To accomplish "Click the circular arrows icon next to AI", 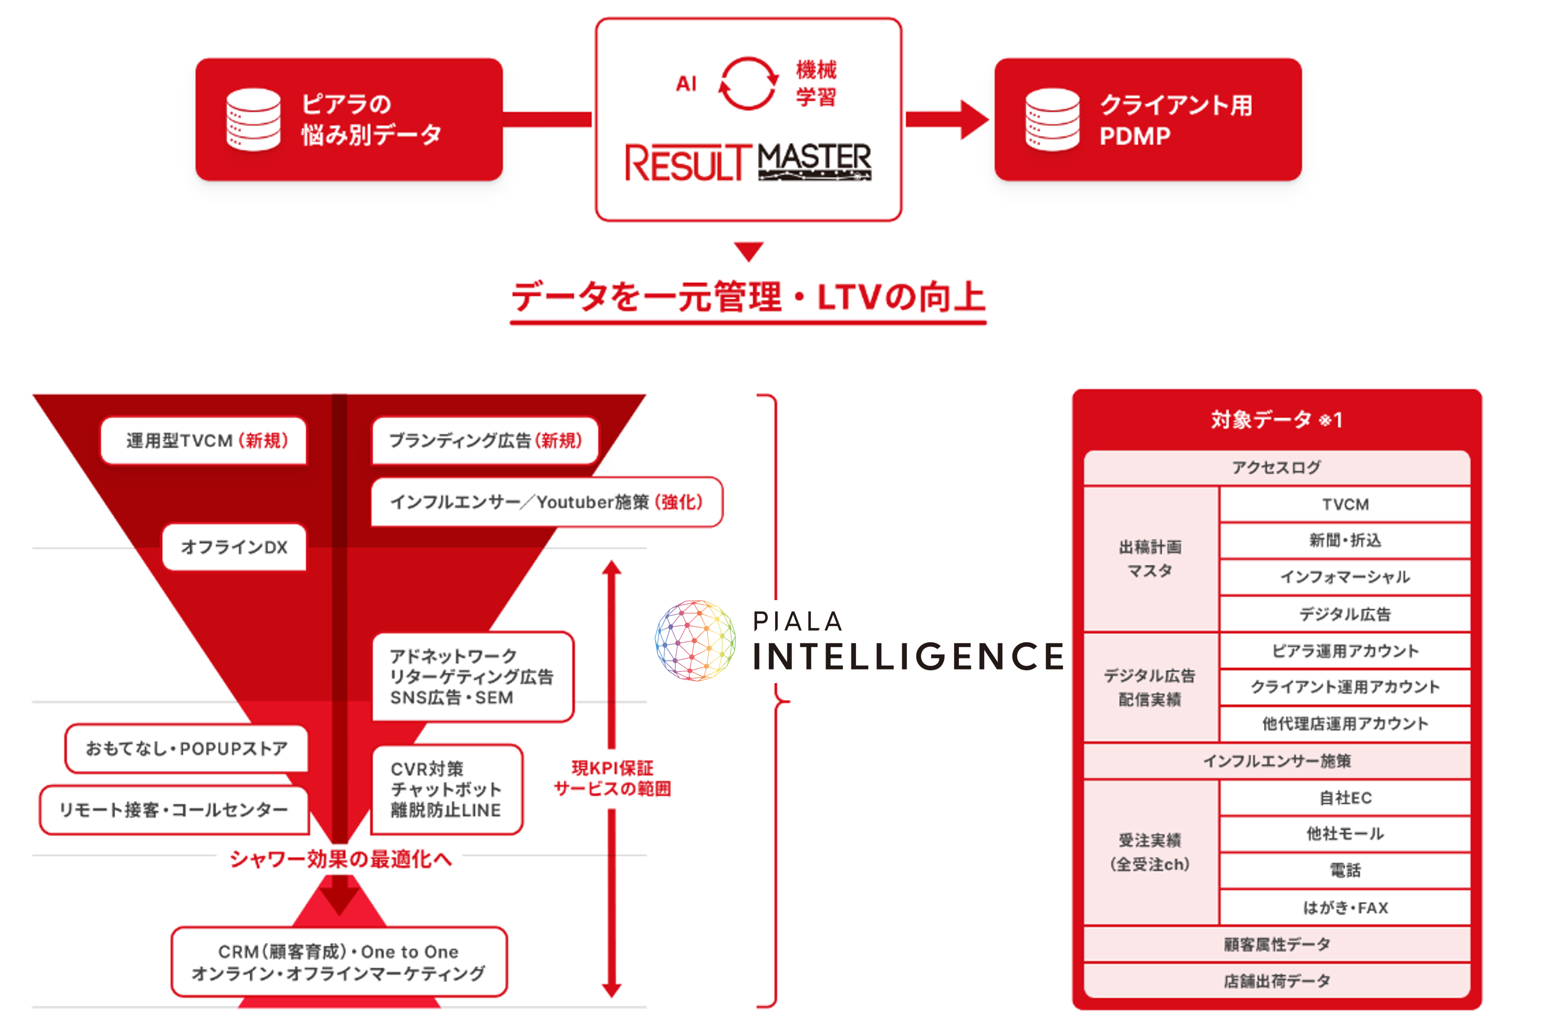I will pos(748,83).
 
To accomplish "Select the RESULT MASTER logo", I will pos(748,161).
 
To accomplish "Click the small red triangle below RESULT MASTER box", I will pos(748,251).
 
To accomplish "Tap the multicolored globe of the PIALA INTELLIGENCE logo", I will pos(695,641).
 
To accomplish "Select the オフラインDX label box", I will pos(234,547).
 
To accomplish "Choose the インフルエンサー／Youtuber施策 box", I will pos(546,502).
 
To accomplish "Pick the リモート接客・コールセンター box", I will pos(174,810).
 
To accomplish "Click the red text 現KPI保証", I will pos(612,768).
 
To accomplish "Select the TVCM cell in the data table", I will pos(1344,504).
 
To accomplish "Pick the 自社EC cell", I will pos(1344,798).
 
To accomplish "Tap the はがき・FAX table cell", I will pos(1344,908).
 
